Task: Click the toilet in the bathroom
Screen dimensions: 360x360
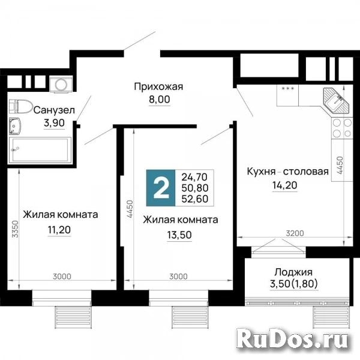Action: pyautogui.click(x=22, y=106)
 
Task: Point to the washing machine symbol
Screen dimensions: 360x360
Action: pyautogui.click(x=59, y=85)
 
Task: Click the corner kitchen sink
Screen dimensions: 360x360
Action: pyautogui.click(x=335, y=100)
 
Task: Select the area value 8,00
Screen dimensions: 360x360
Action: pyautogui.click(x=158, y=100)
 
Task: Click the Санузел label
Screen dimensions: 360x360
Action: pyautogui.click(x=54, y=110)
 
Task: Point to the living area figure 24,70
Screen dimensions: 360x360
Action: pyautogui.click(x=194, y=177)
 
